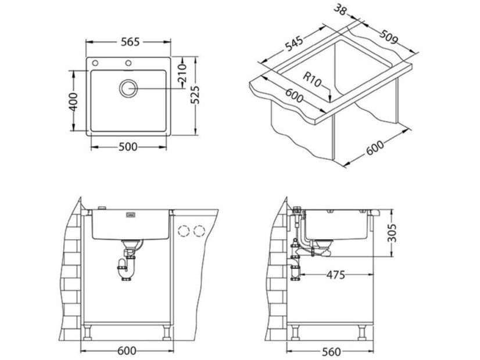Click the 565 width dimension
click(x=129, y=42)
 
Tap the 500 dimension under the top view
click(x=128, y=147)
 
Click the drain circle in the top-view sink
click(x=128, y=88)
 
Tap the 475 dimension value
click(x=334, y=274)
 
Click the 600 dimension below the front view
click(x=127, y=352)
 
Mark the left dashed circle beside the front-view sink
click(x=185, y=231)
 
